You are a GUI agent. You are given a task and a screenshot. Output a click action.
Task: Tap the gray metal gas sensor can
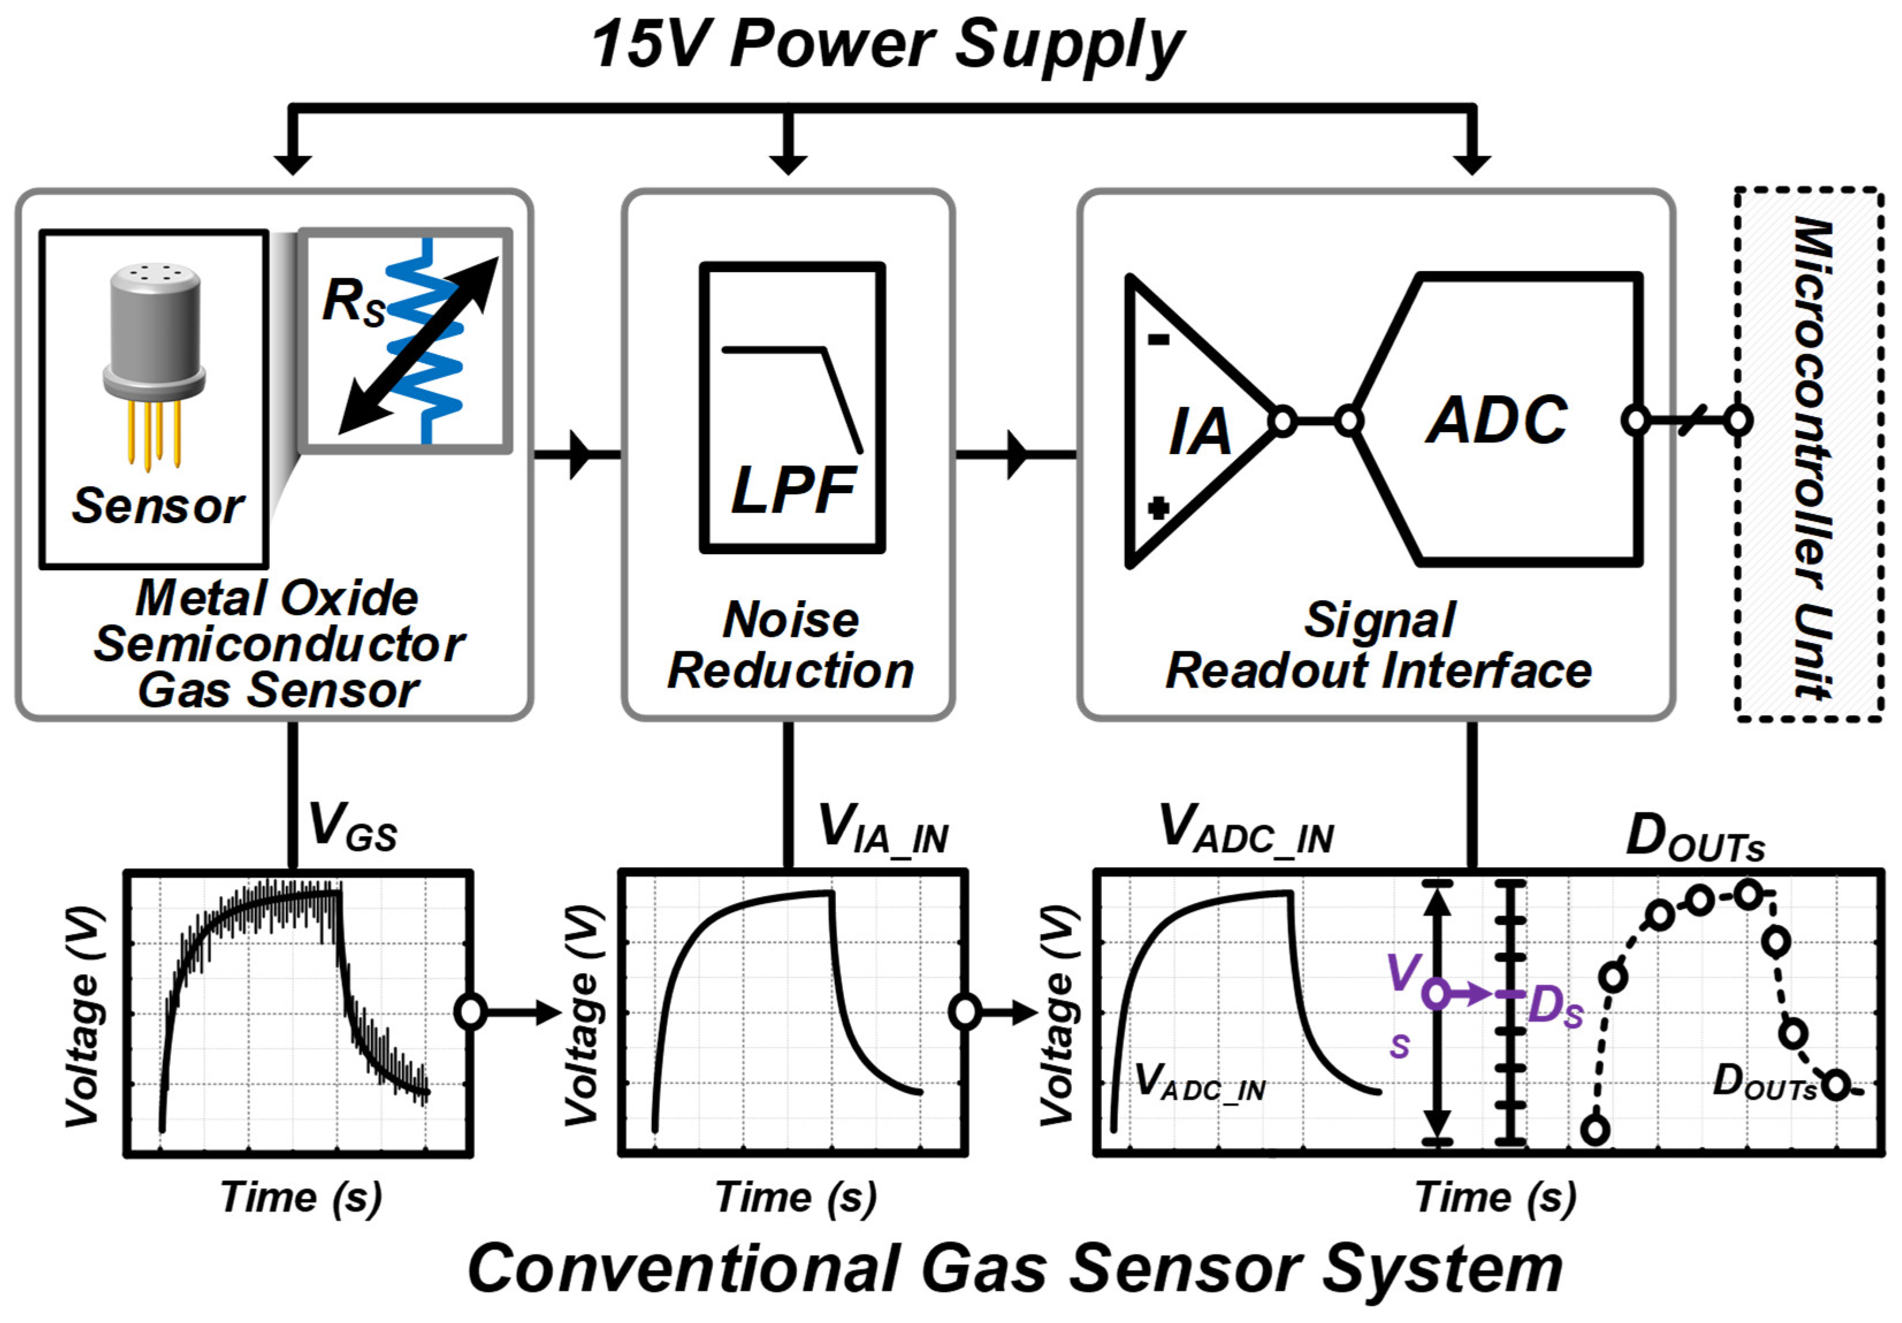(x=154, y=331)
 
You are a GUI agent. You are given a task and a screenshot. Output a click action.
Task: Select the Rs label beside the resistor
(x=353, y=302)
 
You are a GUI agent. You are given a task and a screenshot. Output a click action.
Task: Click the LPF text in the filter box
(x=793, y=490)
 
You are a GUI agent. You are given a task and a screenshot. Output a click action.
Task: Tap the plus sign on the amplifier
(x=1158, y=508)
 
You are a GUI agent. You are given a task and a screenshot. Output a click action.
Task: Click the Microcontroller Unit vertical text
(x=1811, y=456)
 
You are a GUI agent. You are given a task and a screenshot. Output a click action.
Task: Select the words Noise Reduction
(x=791, y=645)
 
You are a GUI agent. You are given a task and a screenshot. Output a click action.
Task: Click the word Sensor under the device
(x=158, y=505)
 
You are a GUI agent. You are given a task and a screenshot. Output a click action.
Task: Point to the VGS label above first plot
(x=352, y=827)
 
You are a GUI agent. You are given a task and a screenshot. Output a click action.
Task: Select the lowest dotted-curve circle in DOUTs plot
(x=1595, y=1129)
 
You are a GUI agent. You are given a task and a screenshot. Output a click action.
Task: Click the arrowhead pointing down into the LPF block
(x=788, y=162)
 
